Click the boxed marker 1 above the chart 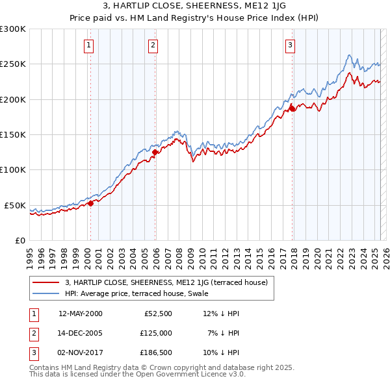pyautogui.click(x=88, y=45)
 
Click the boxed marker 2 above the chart pyautogui.click(x=152, y=45)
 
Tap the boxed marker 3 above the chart pyautogui.click(x=289, y=45)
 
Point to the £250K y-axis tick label pyautogui.click(x=13, y=64)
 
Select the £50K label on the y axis pyautogui.click(x=15, y=205)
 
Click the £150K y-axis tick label pyautogui.click(x=13, y=135)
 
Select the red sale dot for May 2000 pyautogui.click(x=90, y=203)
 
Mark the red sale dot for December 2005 pyautogui.click(x=155, y=153)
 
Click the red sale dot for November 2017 pyautogui.click(x=292, y=109)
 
